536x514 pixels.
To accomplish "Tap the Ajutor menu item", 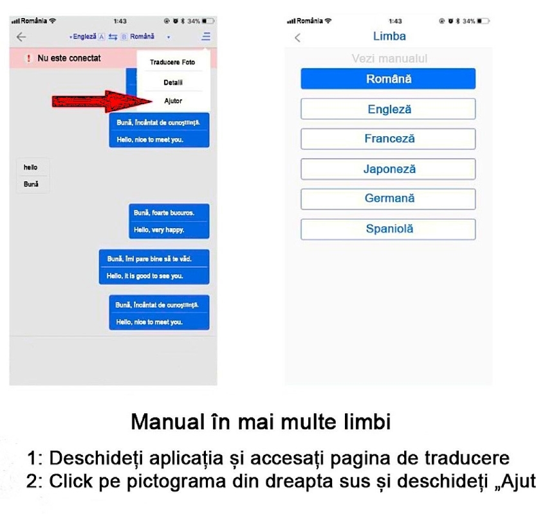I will click(173, 102).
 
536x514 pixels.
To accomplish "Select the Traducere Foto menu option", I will click(172, 62).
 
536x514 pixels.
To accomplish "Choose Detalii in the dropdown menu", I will click(173, 82).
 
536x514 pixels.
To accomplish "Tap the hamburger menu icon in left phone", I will click(206, 37).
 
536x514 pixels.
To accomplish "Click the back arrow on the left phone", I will click(21, 37).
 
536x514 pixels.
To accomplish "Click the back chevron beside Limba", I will click(297, 38).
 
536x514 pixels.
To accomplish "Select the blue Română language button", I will click(388, 79).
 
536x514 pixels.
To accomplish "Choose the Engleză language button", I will click(388, 109).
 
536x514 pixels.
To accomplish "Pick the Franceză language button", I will click(388, 139).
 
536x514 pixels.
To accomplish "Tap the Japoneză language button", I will click(388, 169).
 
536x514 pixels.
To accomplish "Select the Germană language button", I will click(388, 199).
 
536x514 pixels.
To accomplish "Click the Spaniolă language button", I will click(388, 229).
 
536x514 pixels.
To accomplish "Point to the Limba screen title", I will click(389, 37).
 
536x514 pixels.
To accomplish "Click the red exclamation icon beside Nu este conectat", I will click(28, 58).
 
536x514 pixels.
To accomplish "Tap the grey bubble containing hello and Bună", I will click(32, 175).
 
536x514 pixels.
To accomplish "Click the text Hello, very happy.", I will click(159, 229).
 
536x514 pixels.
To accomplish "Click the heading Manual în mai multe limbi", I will click(261, 422).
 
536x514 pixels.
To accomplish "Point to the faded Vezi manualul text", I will click(389, 59).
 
